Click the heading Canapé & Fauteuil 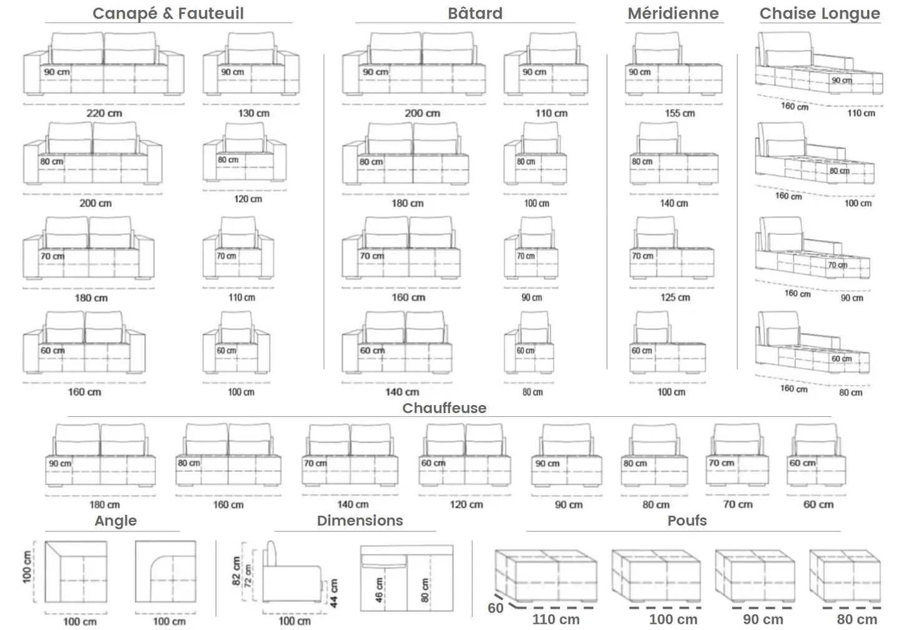(x=168, y=13)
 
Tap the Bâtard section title (x=475, y=13)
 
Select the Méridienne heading (x=673, y=13)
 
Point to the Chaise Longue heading (x=820, y=13)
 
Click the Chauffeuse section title (x=444, y=408)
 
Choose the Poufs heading (x=687, y=521)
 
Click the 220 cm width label (x=104, y=113)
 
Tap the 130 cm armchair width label (x=253, y=113)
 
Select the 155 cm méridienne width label (x=679, y=113)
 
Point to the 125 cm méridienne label (x=675, y=297)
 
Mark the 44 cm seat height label (x=334, y=592)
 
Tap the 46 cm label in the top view (x=380, y=589)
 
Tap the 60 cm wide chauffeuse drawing (x=817, y=456)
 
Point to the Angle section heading (x=115, y=521)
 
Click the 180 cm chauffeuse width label (x=104, y=504)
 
